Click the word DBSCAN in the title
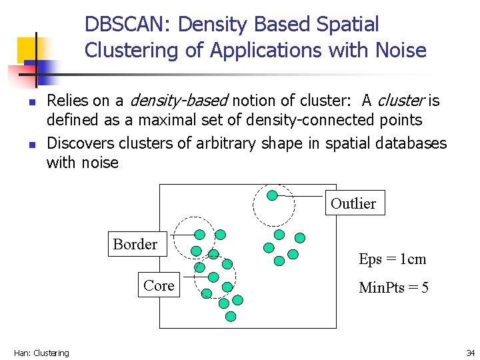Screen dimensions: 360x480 click(127, 25)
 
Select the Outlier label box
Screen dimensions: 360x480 click(353, 203)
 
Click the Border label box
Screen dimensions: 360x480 click(135, 244)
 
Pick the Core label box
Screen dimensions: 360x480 click(159, 285)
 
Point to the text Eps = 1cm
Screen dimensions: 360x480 click(392, 259)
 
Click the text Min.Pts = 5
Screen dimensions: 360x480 click(393, 288)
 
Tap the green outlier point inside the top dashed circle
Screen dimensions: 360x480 click(272, 195)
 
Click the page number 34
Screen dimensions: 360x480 click(470, 353)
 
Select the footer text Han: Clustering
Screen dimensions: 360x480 click(41, 353)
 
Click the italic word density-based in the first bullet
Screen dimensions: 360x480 click(178, 101)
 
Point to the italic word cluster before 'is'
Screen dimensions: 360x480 click(401, 101)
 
